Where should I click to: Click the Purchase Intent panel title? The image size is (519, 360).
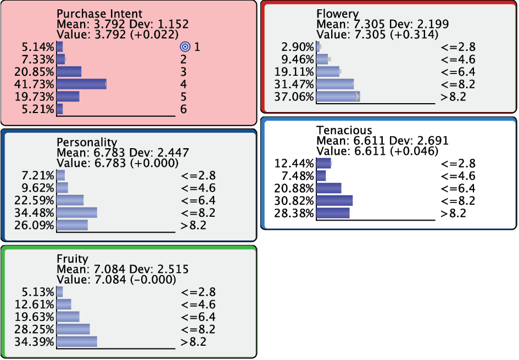(99, 14)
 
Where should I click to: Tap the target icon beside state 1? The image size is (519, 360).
(185, 47)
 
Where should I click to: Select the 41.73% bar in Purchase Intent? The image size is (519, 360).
(81, 84)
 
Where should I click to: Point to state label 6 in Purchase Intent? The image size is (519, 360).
(183, 109)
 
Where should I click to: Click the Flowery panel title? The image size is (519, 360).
(337, 14)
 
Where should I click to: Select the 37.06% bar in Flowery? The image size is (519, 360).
(338, 97)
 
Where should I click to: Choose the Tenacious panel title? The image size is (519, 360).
(344, 130)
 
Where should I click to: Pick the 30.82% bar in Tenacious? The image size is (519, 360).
(334, 200)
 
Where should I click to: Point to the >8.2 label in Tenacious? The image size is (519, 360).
(453, 213)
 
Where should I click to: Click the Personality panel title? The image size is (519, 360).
(87, 142)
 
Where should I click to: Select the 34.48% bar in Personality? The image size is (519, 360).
(77, 212)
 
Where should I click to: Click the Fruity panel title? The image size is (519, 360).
(72, 258)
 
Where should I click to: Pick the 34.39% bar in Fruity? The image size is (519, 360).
(77, 341)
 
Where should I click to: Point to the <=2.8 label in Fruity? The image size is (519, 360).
(198, 292)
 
